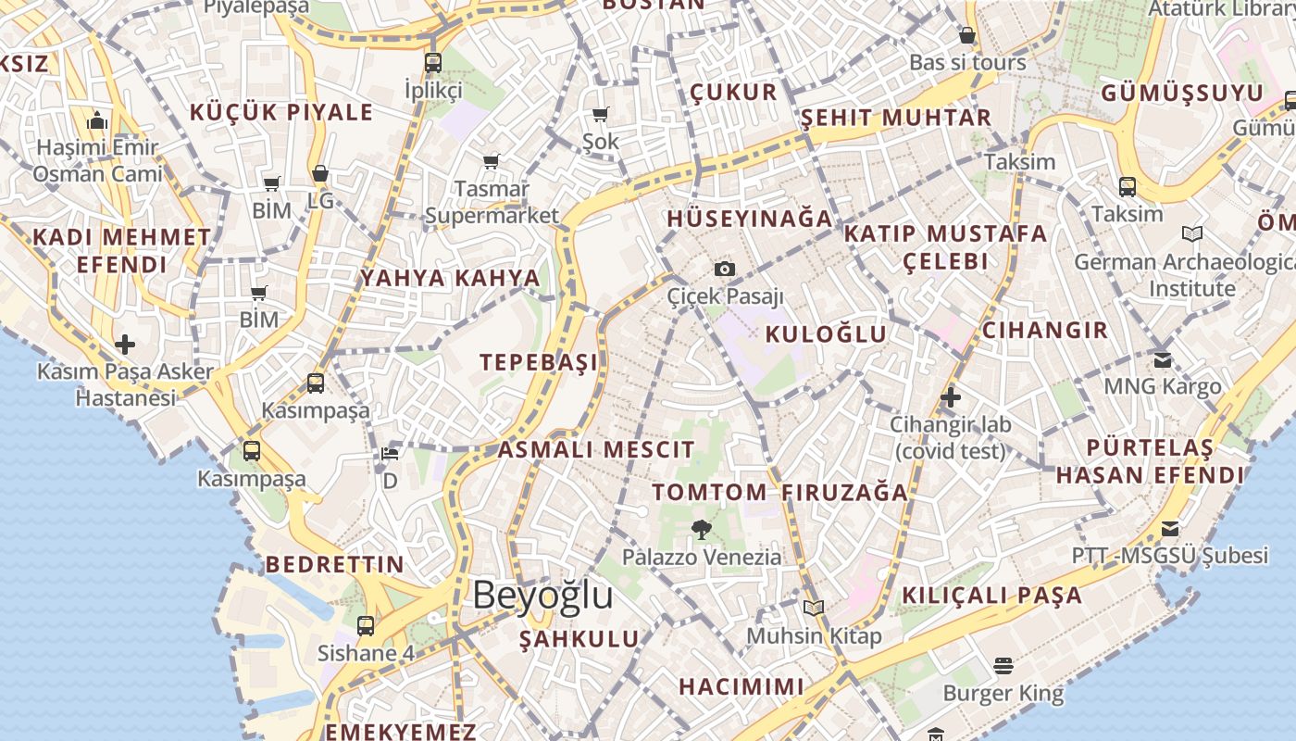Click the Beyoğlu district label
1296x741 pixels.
click(542, 595)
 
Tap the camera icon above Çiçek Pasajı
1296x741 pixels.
click(725, 269)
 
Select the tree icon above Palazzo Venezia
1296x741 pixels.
click(701, 530)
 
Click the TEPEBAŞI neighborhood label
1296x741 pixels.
click(539, 362)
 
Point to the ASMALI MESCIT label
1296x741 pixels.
click(596, 450)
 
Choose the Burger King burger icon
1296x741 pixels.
click(1003, 665)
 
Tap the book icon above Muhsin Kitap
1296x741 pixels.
click(814, 608)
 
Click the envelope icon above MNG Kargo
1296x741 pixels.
click(1162, 359)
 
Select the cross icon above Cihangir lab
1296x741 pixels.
click(950, 398)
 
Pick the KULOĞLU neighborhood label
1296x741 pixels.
click(826, 334)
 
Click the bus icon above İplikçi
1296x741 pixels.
click(432, 63)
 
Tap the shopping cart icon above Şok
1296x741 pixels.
click(601, 115)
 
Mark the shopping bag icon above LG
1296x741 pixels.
click(319, 173)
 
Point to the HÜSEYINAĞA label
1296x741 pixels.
click(750, 220)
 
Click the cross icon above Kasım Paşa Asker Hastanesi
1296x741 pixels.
click(124, 345)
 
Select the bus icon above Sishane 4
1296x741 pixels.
click(366, 625)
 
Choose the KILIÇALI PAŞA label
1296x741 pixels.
click(991, 596)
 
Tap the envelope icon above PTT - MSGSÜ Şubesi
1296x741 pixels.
click(1170, 529)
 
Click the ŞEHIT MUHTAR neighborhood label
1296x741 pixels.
click(895, 118)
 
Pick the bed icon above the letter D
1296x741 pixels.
click(390, 454)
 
